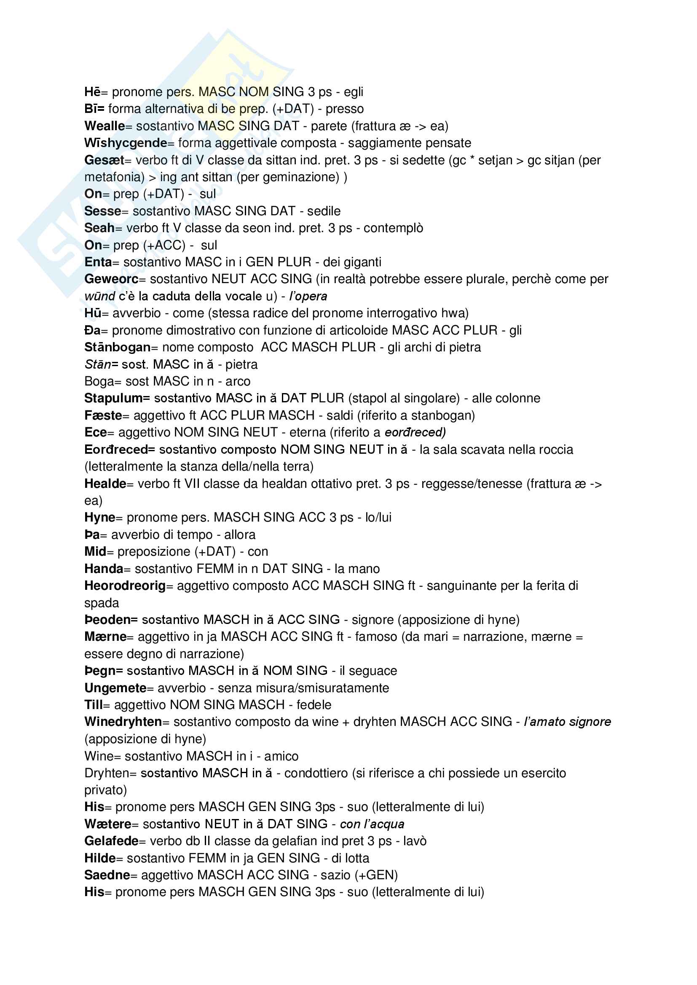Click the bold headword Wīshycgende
point(125,143)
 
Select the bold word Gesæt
point(104,160)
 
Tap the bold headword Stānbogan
point(117,347)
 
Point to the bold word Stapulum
point(113,398)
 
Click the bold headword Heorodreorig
point(125,586)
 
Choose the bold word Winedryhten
point(123,722)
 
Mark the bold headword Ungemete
point(115,688)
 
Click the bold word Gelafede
point(111,841)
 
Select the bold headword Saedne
point(107,875)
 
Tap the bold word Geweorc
point(111,279)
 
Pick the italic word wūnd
point(99,296)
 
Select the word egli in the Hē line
point(353,92)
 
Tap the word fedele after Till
point(314,704)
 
